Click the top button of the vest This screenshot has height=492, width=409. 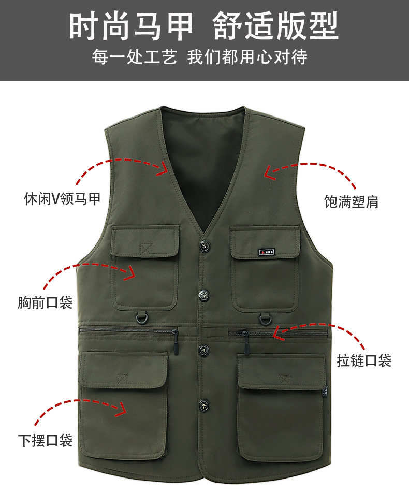point(204,247)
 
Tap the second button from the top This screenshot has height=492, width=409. point(203,295)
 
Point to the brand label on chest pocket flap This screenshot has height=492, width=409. point(267,252)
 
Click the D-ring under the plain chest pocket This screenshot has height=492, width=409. point(140,319)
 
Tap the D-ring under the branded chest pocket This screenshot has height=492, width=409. point(266,319)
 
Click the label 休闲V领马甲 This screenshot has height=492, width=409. point(62,199)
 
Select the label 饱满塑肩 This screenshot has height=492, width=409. point(352,201)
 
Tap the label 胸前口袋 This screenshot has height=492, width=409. point(45,302)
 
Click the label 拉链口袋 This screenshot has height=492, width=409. point(364,360)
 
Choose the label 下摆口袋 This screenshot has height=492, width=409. point(45,440)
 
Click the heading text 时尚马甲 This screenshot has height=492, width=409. point(130,26)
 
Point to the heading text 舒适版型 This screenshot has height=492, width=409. point(275,26)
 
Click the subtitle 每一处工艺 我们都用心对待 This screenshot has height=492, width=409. point(199,57)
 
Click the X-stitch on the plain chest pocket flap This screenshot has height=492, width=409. point(146,249)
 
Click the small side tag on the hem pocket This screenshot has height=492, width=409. point(326,392)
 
